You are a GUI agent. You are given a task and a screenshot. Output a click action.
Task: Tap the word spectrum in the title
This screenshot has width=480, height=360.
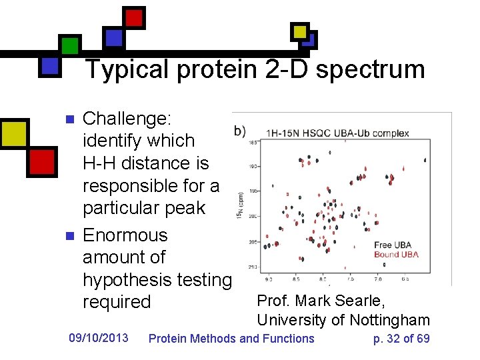click(x=370, y=69)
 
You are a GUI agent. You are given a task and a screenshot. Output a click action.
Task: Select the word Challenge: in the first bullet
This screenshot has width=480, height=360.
click(x=127, y=119)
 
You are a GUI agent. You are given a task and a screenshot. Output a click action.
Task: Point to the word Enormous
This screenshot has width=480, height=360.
click(x=125, y=235)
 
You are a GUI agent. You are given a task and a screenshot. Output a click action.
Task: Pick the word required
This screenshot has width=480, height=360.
click(x=117, y=302)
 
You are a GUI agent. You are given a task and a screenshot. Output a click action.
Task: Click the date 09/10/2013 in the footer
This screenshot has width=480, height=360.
click(x=99, y=338)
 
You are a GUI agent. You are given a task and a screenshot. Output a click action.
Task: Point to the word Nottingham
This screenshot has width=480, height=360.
click(x=390, y=320)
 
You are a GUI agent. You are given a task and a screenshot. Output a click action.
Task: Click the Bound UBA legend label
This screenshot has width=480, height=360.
click(x=396, y=254)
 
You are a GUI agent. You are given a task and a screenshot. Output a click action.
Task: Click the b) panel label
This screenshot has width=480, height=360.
click(x=239, y=130)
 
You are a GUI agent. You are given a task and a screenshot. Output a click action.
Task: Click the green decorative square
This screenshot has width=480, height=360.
click(x=70, y=45)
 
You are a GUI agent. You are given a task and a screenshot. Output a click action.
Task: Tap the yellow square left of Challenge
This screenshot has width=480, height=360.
click(x=13, y=134)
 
